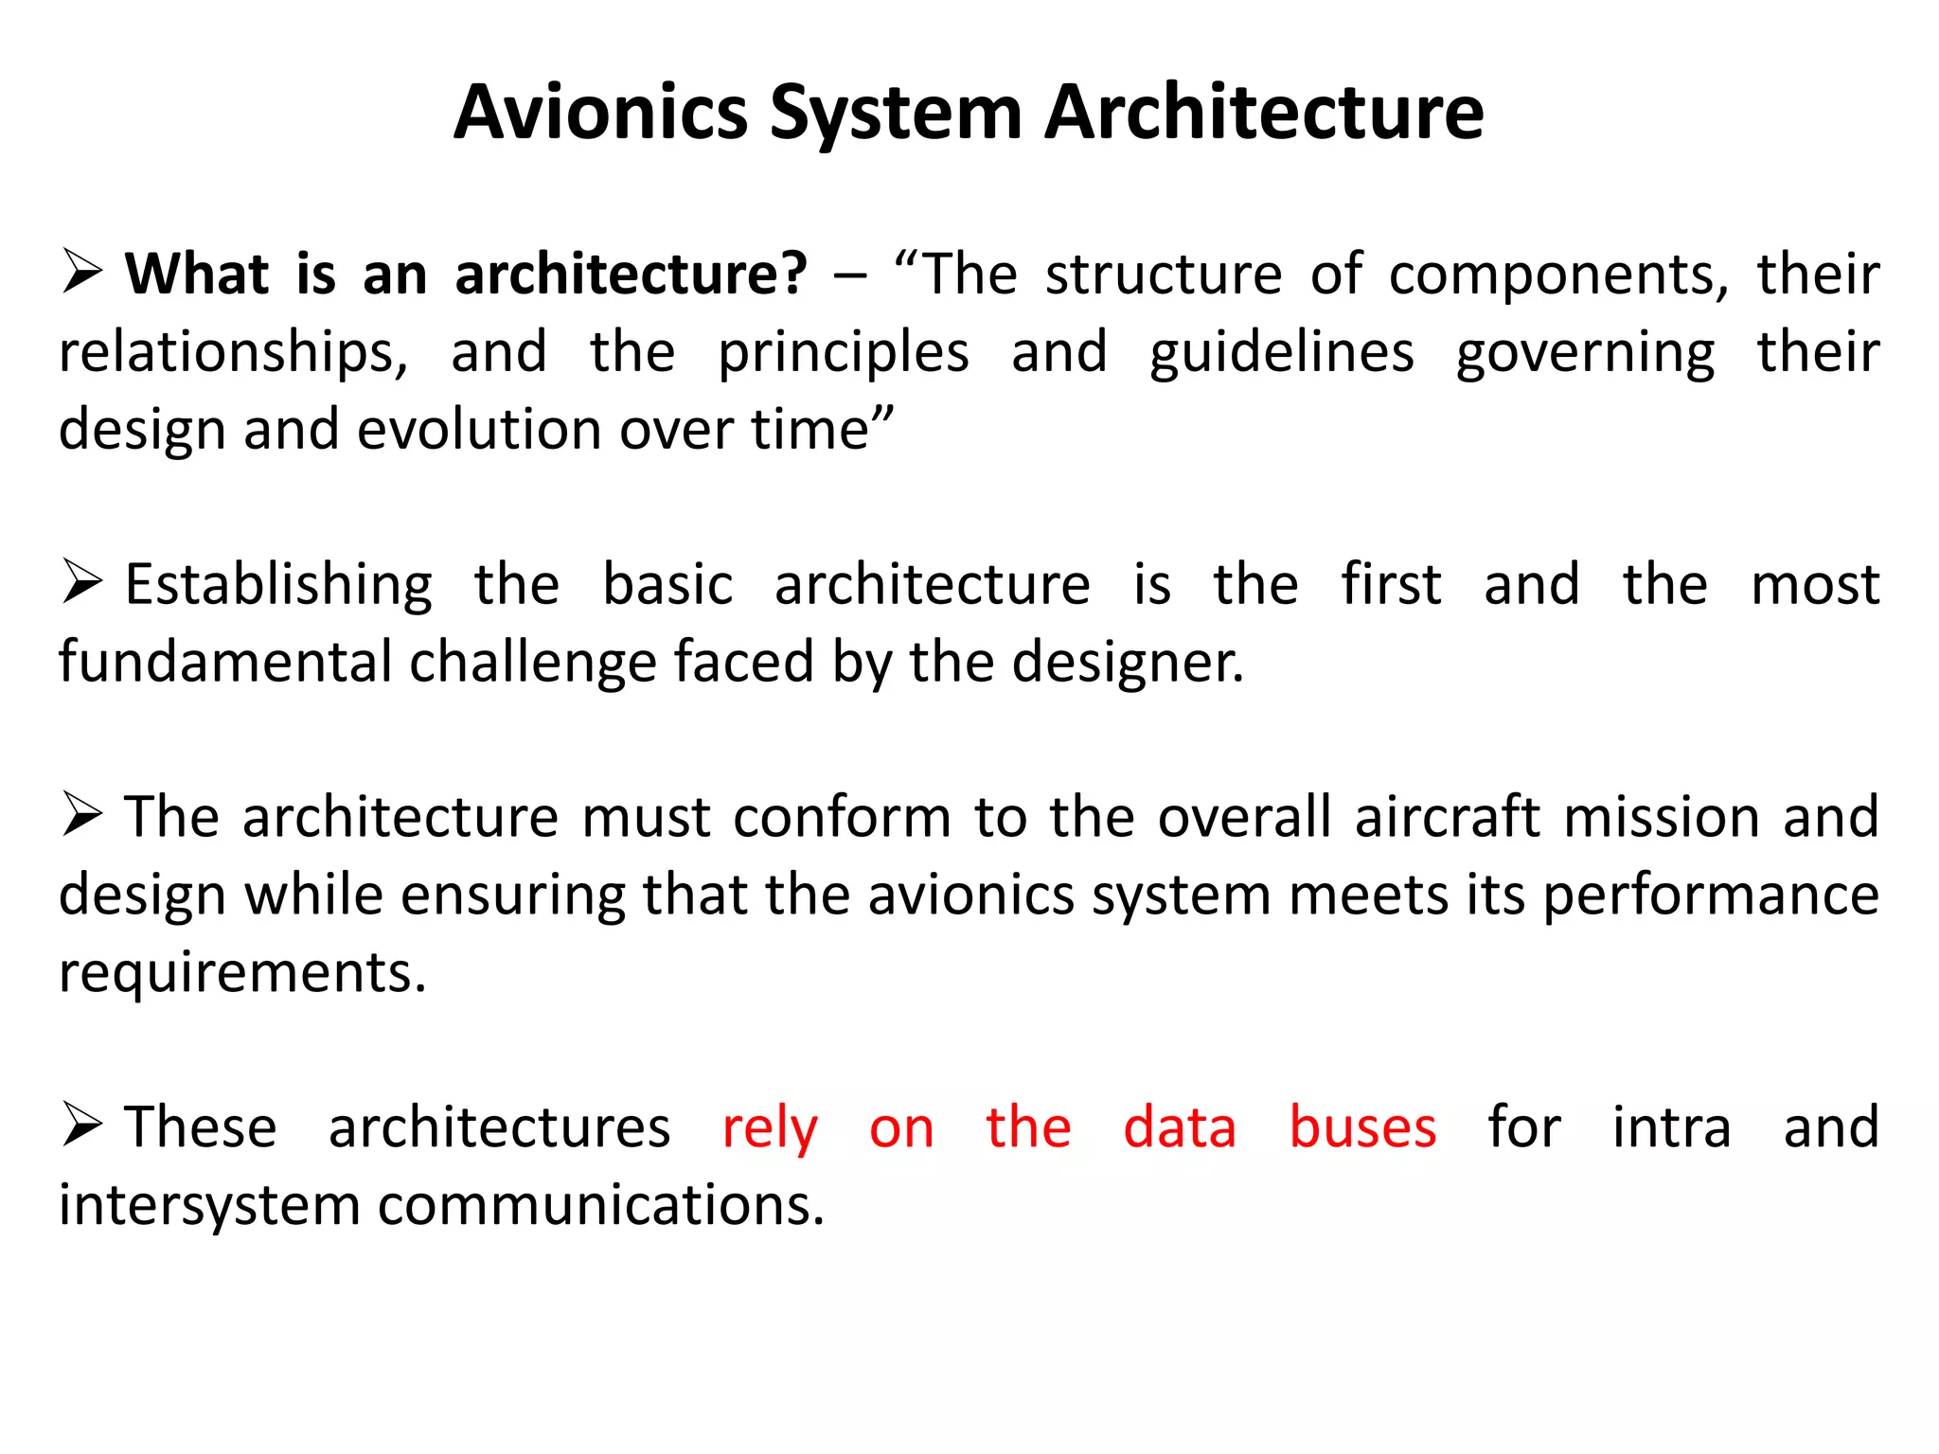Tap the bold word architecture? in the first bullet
point(631,275)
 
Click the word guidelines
point(1282,352)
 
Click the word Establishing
point(278,585)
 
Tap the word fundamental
point(225,662)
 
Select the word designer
point(1128,662)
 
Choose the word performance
point(1711,895)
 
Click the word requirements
point(242,973)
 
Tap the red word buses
point(1362,1127)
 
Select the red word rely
point(770,1129)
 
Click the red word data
point(1180,1127)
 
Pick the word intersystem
point(209,1205)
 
